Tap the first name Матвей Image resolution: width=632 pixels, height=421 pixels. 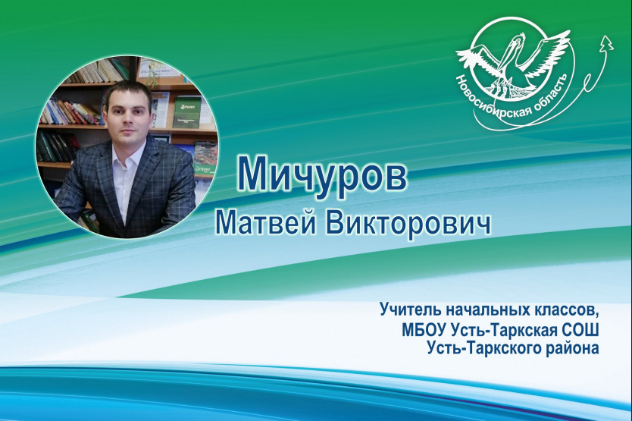pos(266,222)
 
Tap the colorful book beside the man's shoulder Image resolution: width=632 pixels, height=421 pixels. pos(206,159)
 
